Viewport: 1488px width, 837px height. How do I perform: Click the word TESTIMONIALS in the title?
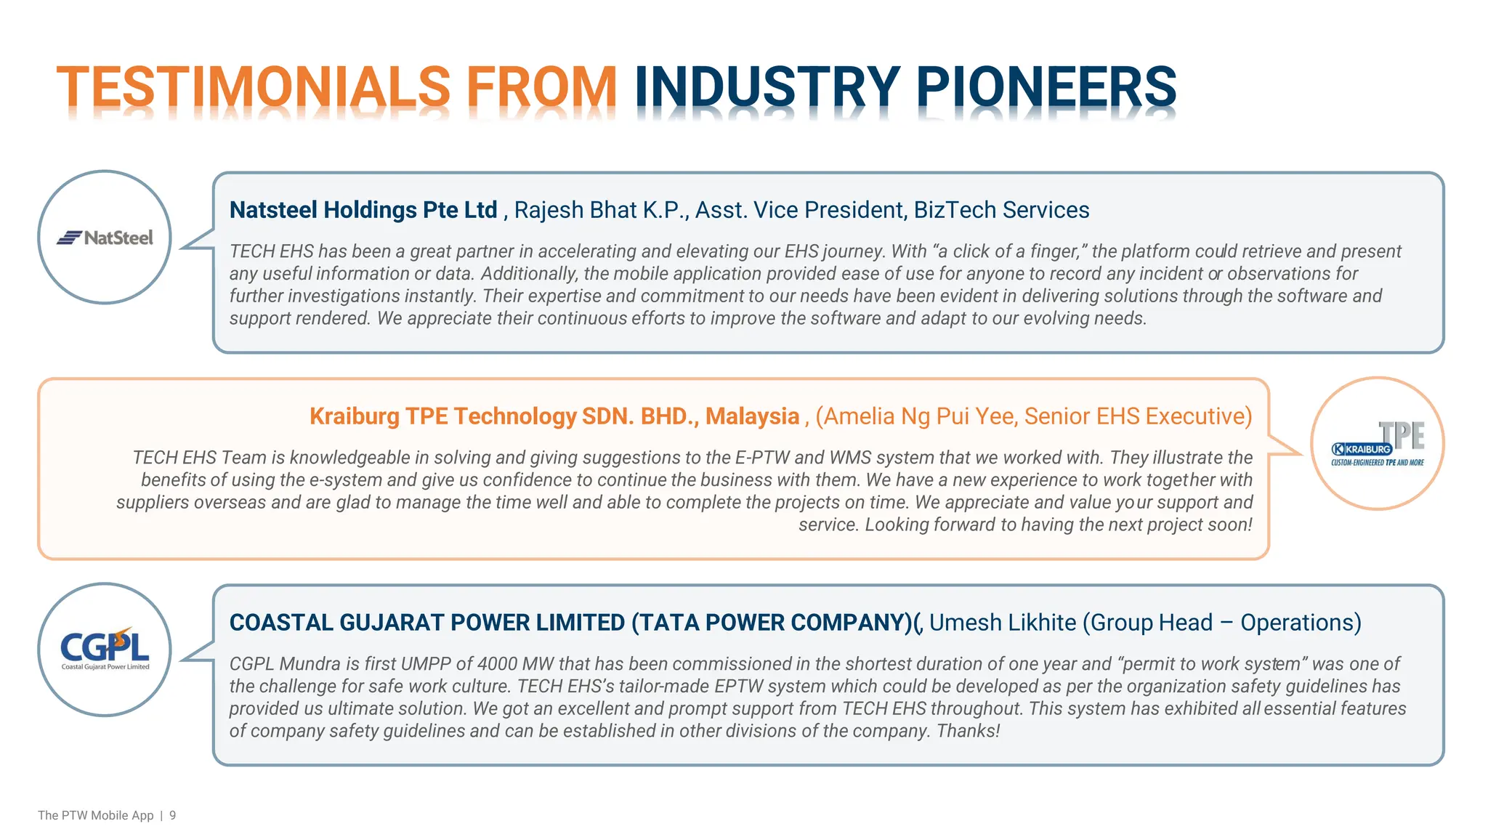(253, 87)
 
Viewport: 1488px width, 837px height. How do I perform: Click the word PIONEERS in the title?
(1046, 87)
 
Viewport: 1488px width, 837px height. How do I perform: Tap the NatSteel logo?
(105, 238)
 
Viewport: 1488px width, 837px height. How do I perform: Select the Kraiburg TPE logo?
(1377, 444)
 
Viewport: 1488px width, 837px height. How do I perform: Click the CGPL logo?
(105, 649)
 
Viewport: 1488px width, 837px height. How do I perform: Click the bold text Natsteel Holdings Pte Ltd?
(363, 210)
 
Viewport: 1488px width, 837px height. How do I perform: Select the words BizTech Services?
(1001, 210)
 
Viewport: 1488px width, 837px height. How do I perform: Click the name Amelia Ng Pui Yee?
(918, 416)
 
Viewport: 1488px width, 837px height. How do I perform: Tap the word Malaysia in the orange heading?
(752, 416)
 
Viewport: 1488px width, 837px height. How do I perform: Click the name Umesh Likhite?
(1002, 623)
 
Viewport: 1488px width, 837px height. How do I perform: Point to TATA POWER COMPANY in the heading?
(770, 623)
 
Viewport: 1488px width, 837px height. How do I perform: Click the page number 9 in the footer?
(173, 815)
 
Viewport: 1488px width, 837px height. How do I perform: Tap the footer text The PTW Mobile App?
(95, 815)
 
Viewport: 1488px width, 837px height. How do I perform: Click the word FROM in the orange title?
(541, 87)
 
